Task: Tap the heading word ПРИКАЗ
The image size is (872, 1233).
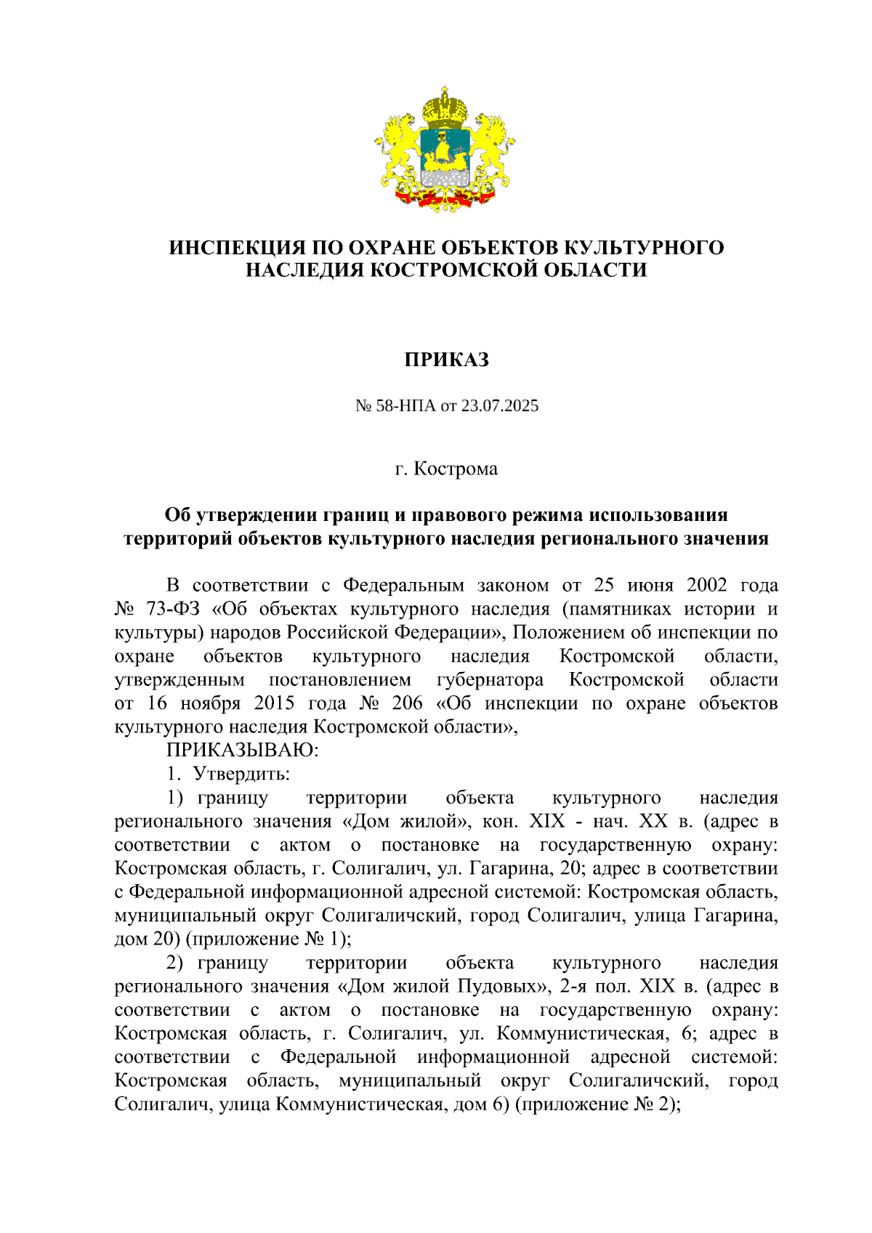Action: point(446,360)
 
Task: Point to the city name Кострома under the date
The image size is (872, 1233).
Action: point(456,469)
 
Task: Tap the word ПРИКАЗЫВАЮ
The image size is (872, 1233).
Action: point(242,749)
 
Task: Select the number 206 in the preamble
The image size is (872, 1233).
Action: point(407,703)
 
